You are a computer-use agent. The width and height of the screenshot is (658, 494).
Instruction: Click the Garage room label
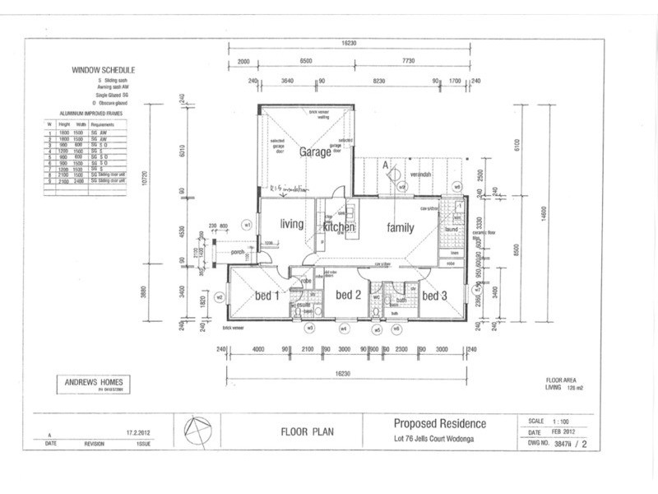click(315, 152)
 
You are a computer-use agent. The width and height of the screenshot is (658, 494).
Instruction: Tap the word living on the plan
click(292, 224)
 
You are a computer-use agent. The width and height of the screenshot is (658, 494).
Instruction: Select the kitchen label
click(338, 226)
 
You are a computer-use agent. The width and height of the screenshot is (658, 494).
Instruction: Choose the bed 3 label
click(433, 295)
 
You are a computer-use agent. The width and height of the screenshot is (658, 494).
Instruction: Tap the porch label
click(239, 253)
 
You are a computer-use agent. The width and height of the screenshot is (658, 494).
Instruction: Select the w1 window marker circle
click(246, 223)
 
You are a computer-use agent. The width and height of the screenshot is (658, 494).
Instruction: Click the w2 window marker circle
click(220, 296)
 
